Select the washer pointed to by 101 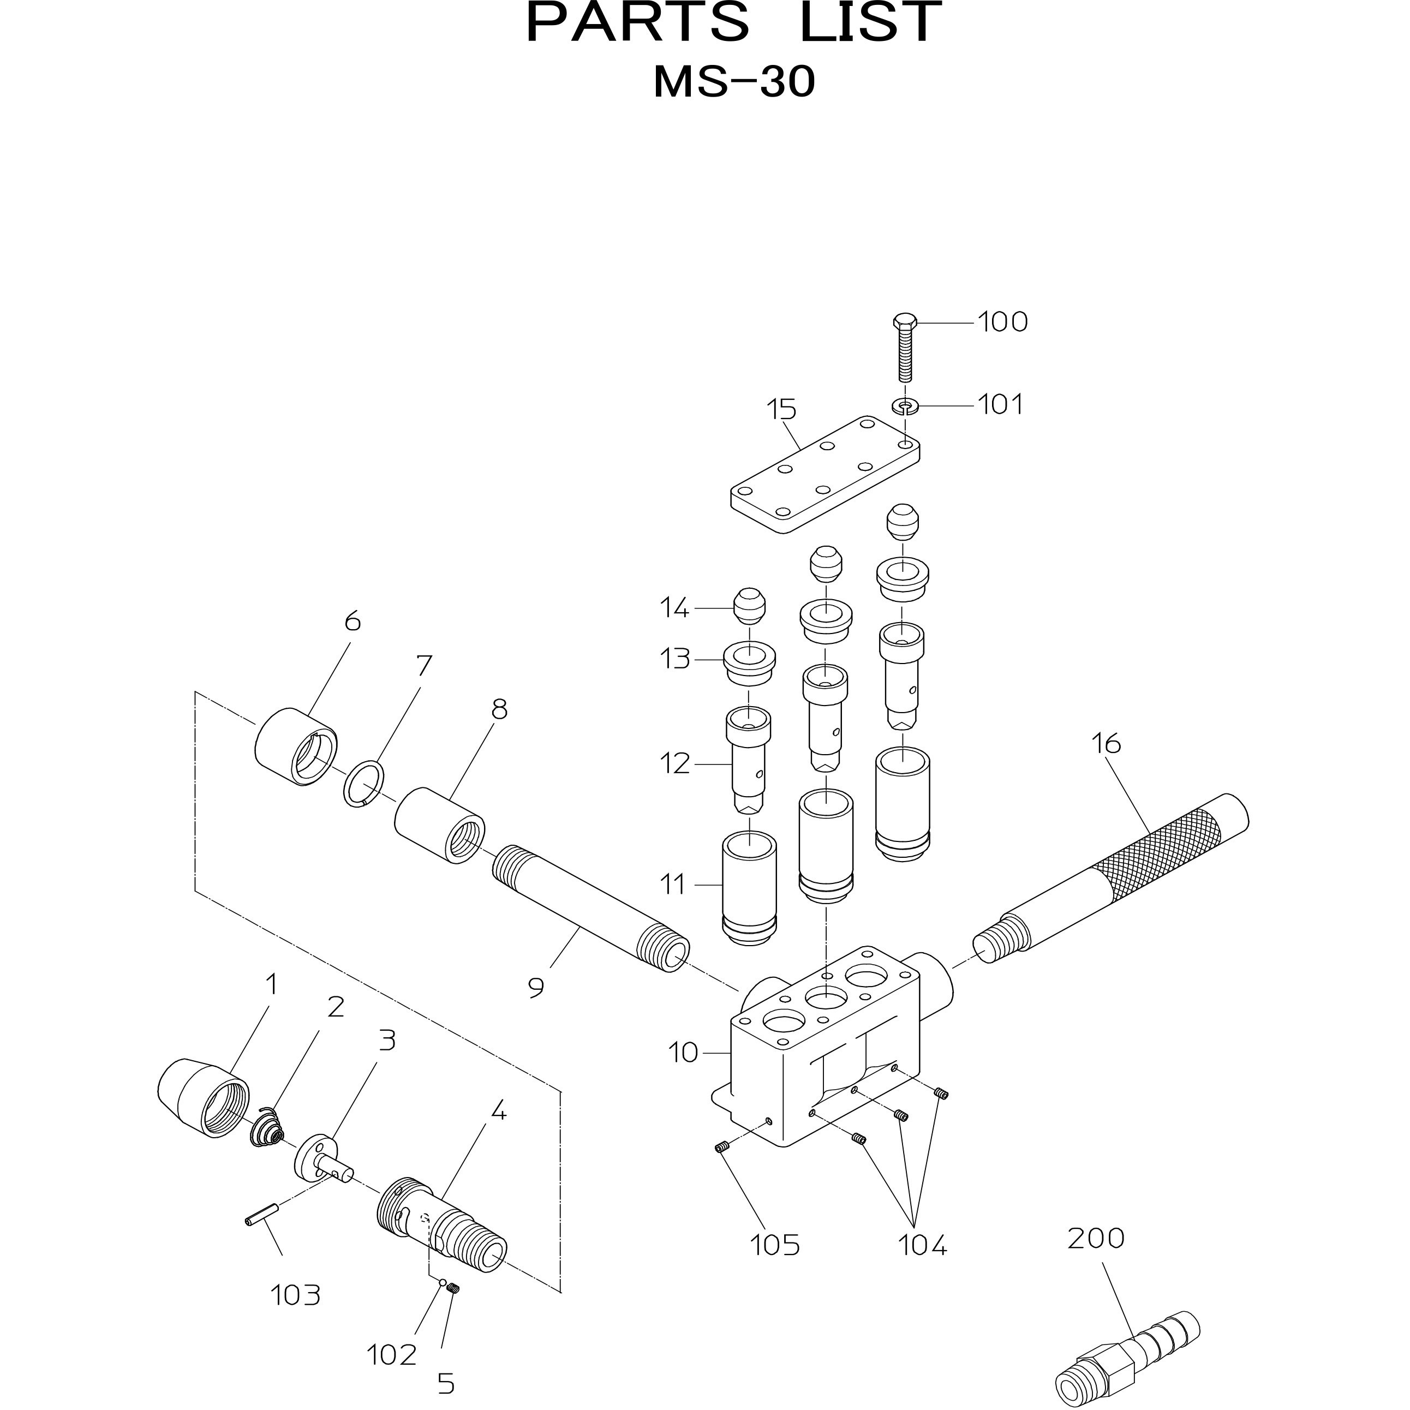(x=905, y=404)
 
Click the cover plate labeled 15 (x=825, y=474)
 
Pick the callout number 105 (x=775, y=1246)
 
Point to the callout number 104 (x=923, y=1246)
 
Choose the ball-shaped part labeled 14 (x=748, y=606)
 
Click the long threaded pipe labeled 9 (x=590, y=909)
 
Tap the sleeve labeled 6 (x=296, y=746)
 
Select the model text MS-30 (x=733, y=82)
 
